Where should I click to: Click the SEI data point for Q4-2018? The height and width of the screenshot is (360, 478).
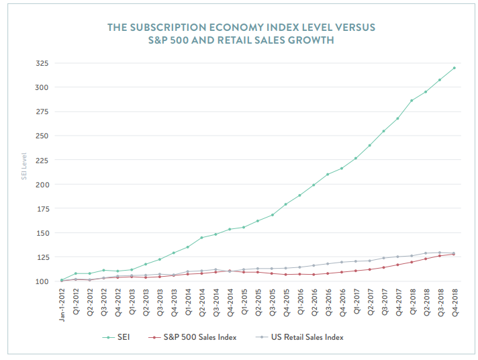(x=454, y=68)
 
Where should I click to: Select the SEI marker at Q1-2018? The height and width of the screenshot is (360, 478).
(x=412, y=101)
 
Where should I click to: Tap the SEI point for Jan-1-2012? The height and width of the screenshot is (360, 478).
(x=62, y=280)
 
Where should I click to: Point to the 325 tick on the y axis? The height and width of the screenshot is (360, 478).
(x=42, y=63)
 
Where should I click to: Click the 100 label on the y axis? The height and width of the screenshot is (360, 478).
(x=42, y=281)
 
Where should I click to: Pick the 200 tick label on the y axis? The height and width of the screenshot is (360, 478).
(x=42, y=185)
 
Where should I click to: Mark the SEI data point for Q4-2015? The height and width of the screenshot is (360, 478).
(x=286, y=204)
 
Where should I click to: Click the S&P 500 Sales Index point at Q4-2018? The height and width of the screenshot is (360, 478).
(x=454, y=254)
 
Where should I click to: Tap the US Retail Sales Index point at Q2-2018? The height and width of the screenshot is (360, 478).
(x=426, y=253)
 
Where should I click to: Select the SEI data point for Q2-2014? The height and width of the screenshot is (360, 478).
(x=201, y=238)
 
